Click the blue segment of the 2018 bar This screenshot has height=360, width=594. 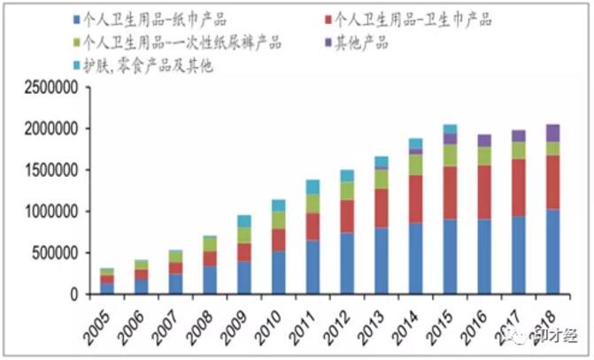tap(552, 251)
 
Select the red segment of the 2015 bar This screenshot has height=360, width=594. tap(451, 193)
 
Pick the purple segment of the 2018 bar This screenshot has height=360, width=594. tap(552, 133)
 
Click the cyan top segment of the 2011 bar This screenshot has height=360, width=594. tap(313, 186)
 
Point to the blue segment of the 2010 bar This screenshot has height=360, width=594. tap(279, 272)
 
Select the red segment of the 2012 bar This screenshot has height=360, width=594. tap(347, 216)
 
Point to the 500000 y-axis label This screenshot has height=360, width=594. tap(53, 254)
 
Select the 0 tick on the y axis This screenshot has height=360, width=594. tap(75, 295)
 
